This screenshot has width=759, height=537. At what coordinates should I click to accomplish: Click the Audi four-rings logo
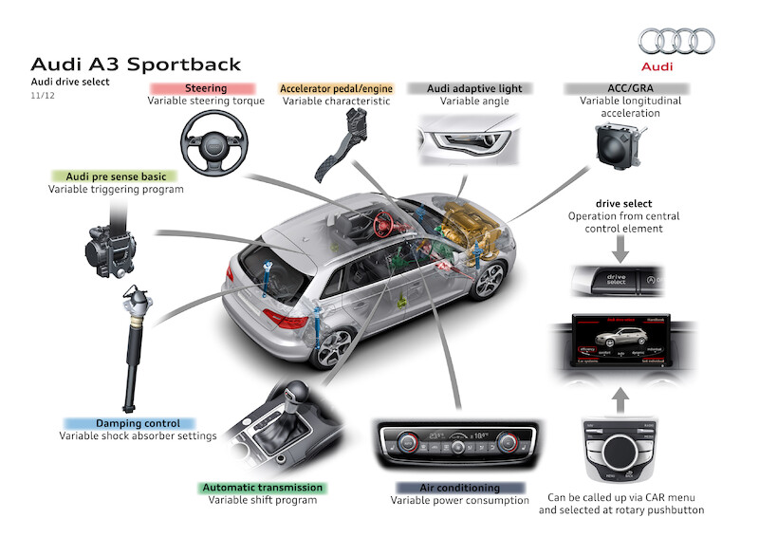pos(676,41)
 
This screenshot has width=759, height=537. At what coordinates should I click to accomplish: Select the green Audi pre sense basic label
pos(116,176)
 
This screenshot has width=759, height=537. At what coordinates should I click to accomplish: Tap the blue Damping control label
pos(129,423)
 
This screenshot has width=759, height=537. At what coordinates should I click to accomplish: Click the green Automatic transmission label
pos(263,488)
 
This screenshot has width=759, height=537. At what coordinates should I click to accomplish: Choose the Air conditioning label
pos(460,488)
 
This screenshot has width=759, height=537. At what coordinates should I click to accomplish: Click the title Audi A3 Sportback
pos(136,65)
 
